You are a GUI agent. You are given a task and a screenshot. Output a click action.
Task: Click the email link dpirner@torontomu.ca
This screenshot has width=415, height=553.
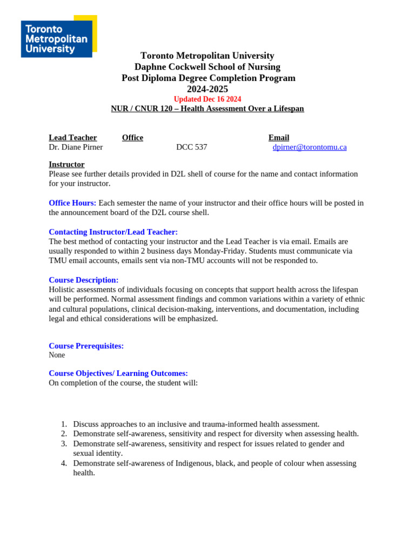[310, 147]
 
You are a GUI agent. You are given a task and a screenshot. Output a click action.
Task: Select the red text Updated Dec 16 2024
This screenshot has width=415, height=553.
[207, 99]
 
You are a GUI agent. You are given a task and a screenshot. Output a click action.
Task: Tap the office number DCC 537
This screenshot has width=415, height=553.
[191, 147]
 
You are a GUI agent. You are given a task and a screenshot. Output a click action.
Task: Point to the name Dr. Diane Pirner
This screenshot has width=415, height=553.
[76, 147]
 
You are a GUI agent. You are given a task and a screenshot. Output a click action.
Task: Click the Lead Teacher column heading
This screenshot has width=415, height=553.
[73, 138]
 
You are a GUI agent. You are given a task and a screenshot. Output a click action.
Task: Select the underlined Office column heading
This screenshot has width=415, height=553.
[132, 138]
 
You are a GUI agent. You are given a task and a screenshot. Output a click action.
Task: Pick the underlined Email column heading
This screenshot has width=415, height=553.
[279, 138]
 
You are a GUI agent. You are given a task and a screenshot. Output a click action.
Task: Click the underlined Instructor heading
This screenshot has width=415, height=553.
[66, 164]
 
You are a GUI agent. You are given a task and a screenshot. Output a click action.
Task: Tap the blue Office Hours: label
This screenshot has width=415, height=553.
[72, 203]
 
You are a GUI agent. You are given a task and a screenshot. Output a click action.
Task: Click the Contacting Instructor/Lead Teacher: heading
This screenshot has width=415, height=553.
[113, 232]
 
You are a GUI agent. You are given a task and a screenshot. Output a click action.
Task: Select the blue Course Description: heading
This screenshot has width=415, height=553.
[83, 280]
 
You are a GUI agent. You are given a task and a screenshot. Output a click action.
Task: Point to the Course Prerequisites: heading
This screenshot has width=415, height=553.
[86, 346]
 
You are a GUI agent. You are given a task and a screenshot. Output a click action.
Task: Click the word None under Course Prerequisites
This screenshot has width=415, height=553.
[57, 355]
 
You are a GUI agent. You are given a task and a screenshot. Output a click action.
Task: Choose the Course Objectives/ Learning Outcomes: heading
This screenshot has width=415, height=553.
[118, 374]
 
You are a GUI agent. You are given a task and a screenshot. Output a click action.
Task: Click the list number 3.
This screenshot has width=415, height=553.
[64, 444]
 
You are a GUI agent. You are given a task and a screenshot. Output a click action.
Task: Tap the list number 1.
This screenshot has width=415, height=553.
[64, 424]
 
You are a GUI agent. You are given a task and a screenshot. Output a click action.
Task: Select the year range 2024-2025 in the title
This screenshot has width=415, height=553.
[207, 89]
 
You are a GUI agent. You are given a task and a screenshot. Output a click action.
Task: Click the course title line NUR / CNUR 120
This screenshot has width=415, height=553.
[207, 109]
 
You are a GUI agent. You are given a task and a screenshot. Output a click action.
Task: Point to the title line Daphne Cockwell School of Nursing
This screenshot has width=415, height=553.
[207, 67]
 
